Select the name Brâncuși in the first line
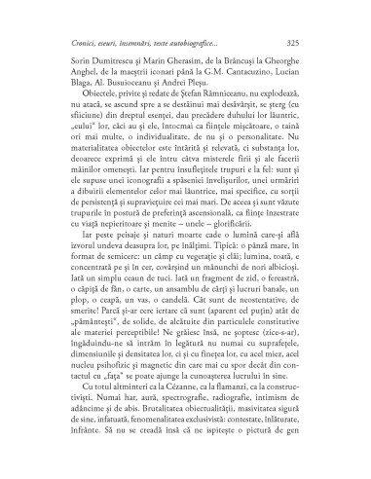pos(220,60)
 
